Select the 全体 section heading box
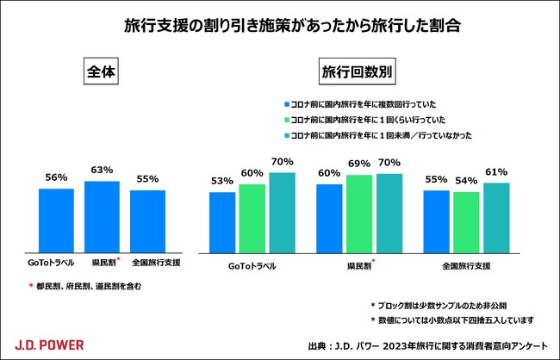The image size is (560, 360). pyautogui.click(x=100, y=73)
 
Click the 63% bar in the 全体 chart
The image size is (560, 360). pyautogui.click(x=102, y=216)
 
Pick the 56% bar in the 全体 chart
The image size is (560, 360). pyautogui.click(x=56, y=220)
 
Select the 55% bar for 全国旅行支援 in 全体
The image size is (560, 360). pyautogui.click(x=147, y=220)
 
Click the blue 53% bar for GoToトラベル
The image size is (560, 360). pyautogui.click(x=222, y=222)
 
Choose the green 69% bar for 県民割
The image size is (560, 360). pyautogui.click(x=358, y=214)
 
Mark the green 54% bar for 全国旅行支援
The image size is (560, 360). pyautogui.click(x=465, y=222)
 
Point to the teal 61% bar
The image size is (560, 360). pyautogui.click(x=495, y=218)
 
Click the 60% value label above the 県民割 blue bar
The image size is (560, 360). pyautogui.click(x=329, y=174)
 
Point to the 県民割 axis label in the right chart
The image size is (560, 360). pyautogui.click(x=358, y=265)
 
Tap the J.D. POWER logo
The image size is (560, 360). pyautogui.click(x=47, y=344)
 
